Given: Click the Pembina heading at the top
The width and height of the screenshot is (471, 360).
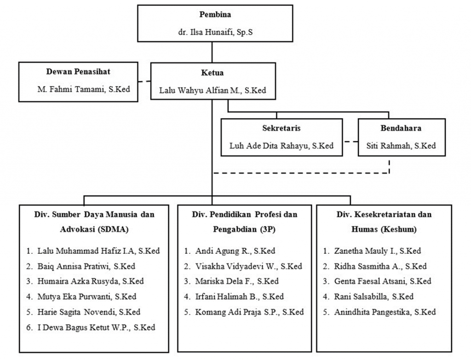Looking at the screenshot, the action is pyautogui.click(x=215, y=14).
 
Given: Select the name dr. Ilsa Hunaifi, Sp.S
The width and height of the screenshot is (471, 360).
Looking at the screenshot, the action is pyautogui.click(x=215, y=32).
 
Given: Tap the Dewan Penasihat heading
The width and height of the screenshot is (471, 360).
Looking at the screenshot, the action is pyautogui.click(x=78, y=71).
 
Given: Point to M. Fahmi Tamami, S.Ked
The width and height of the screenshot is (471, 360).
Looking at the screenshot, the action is pyautogui.click(x=84, y=89).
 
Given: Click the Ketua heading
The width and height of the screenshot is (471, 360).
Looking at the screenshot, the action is pyautogui.click(x=213, y=73).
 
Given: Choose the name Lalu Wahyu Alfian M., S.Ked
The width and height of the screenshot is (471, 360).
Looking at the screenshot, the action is pyautogui.click(x=213, y=90).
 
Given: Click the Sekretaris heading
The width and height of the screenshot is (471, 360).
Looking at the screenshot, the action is pyautogui.click(x=281, y=128).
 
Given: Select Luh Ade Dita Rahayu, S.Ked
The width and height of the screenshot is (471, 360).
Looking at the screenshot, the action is pyautogui.click(x=281, y=146).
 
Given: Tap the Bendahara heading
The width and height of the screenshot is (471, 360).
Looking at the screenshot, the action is pyautogui.click(x=401, y=128).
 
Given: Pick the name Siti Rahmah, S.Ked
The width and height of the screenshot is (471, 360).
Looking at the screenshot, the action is pyautogui.click(x=401, y=146).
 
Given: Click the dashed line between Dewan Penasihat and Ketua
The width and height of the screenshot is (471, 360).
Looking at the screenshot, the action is pyautogui.click(x=144, y=81).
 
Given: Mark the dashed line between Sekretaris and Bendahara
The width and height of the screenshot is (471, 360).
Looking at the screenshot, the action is pyautogui.click(x=350, y=141).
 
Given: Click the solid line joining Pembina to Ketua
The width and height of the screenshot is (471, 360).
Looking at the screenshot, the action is pyautogui.click(x=212, y=52).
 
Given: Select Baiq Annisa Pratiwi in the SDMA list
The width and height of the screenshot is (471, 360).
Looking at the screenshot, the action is pyautogui.click(x=73, y=266).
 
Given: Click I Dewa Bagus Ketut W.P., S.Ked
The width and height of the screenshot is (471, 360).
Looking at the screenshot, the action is pyautogui.click(x=96, y=327).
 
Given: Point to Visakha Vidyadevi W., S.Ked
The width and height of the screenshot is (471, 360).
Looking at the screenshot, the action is pyautogui.click(x=248, y=266).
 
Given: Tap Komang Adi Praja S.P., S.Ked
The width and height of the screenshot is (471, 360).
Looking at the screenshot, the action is pyautogui.click(x=249, y=312).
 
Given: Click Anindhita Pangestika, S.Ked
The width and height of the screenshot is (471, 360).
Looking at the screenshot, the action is pyautogui.click(x=385, y=312).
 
